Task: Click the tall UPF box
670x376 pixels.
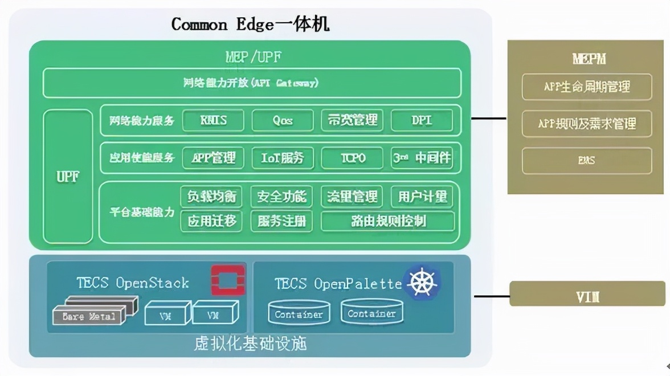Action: [68, 177]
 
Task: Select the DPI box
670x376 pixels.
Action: [422, 120]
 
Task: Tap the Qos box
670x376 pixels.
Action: [283, 120]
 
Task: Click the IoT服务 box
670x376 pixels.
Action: [283, 158]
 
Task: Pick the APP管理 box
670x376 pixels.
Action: [213, 158]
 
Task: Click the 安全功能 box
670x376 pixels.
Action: [281, 197]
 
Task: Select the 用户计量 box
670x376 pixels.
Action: [422, 197]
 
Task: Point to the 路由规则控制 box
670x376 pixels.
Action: [388, 221]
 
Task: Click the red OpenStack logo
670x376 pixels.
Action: [228, 280]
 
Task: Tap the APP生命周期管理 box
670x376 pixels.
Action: [587, 87]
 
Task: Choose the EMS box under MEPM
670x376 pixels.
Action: [587, 161]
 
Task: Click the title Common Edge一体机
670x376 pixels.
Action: [250, 24]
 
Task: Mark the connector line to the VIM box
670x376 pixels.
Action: [491, 296]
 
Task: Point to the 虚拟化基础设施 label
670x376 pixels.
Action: [250, 344]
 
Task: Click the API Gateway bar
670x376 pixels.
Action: [251, 83]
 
